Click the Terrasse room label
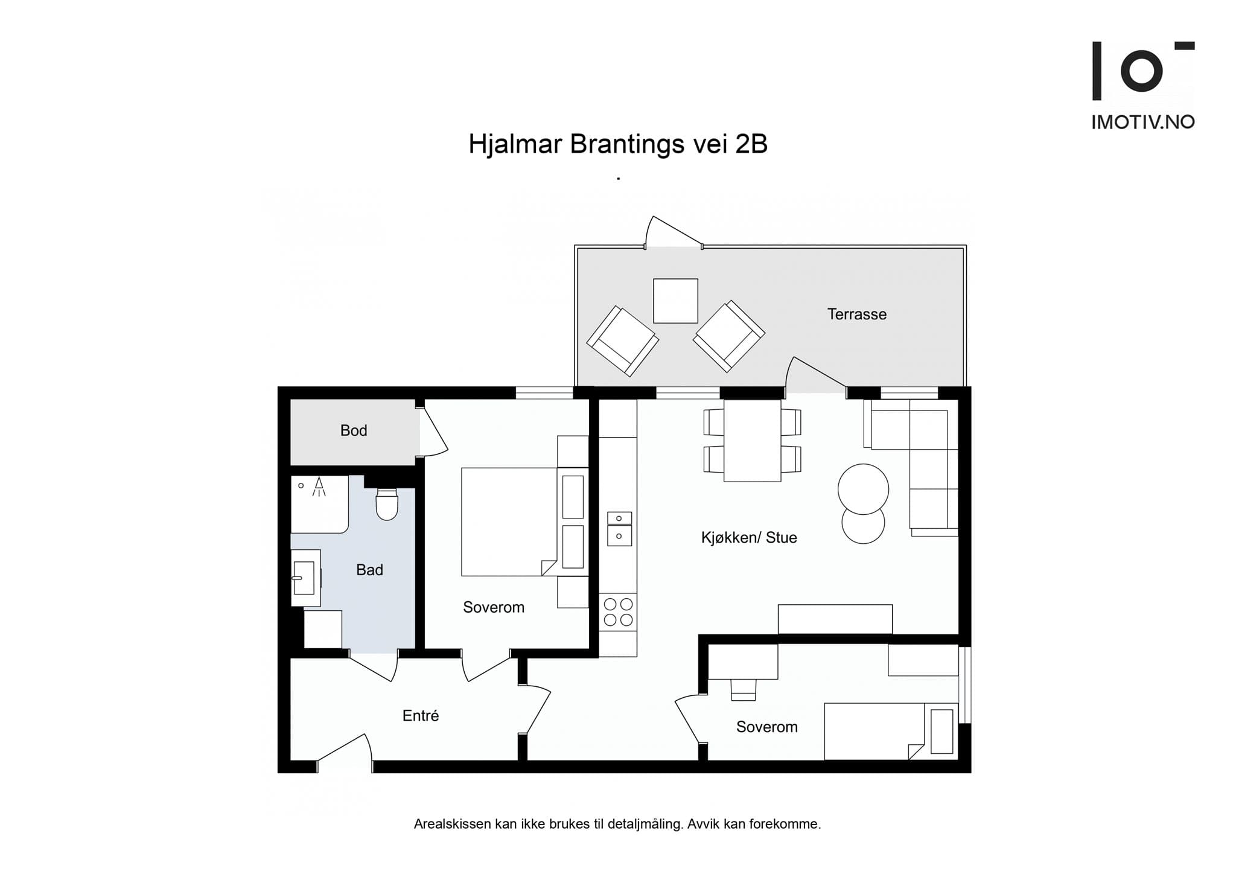(x=856, y=314)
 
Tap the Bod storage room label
(x=354, y=430)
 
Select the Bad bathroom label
(x=369, y=570)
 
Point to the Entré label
(x=421, y=715)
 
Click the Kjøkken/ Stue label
(x=749, y=537)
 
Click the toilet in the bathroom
(x=387, y=503)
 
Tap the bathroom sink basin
(x=304, y=578)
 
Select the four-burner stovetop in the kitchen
(x=618, y=612)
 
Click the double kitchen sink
(x=619, y=529)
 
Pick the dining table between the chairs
(x=752, y=440)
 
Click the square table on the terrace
(x=675, y=301)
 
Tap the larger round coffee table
(x=863, y=489)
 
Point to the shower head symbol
(x=319, y=486)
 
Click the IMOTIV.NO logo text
(x=1143, y=123)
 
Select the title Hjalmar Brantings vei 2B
(x=618, y=144)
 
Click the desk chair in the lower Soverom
(x=743, y=689)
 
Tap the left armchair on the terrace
(x=622, y=341)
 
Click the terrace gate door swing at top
(x=674, y=232)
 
